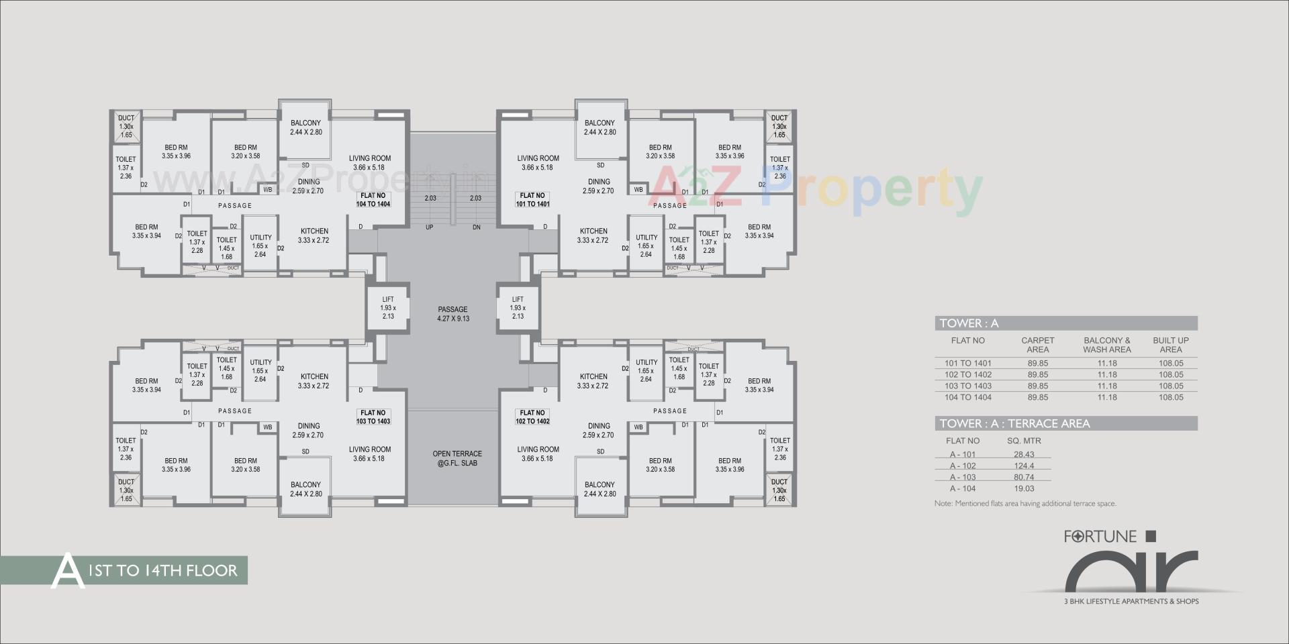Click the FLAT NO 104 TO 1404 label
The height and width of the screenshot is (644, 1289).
pos(373,200)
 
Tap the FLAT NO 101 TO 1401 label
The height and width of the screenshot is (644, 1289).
pos(532,200)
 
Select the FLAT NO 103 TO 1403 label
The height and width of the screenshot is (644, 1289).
pos(373,417)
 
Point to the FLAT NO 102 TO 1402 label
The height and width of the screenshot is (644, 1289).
pos(532,417)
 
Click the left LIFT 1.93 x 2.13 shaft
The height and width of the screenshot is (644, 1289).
pos(387,308)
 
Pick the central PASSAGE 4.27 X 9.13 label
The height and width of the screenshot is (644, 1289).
pos(453,314)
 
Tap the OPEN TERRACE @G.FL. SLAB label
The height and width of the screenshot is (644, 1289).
pos(457,458)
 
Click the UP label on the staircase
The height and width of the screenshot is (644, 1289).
pos(429,227)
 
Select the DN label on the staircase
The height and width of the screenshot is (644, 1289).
pos(476,227)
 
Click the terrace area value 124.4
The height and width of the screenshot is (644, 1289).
pos(1024,466)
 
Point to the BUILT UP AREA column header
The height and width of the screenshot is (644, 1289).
pos(1170,345)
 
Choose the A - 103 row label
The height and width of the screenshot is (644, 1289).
pos(963,477)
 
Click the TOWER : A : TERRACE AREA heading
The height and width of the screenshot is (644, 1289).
pos(1014,423)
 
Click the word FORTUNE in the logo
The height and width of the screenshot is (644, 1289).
pos(1100,537)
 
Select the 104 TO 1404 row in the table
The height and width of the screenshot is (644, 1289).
pos(967,397)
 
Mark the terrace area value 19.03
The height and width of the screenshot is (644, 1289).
pos(1024,488)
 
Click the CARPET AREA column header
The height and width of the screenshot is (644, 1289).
pos(1037,345)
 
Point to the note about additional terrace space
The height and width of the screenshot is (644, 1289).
pos(1025,503)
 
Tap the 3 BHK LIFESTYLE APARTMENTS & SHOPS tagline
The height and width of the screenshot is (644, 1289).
pos(1131,601)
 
